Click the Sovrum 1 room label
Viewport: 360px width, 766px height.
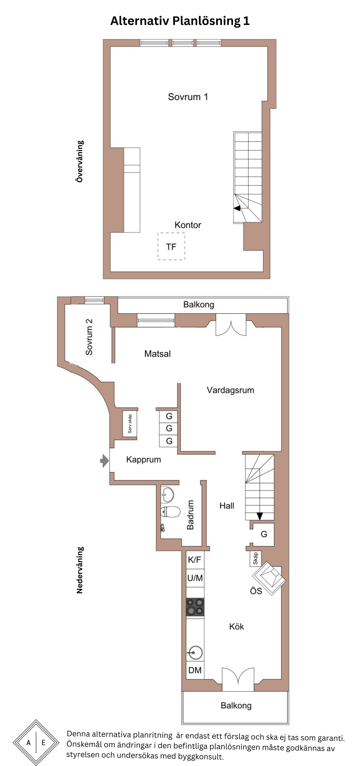pos(188,97)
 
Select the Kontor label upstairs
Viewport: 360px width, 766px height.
pos(188,225)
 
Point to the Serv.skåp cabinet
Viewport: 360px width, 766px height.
pos(130,424)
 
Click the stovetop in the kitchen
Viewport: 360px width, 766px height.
pos(195,607)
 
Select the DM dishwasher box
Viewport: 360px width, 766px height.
pos(195,670)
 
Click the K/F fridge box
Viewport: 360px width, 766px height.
pos(195,560)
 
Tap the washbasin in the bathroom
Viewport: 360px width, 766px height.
pos(167,495)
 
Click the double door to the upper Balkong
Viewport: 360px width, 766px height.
pos(231,325)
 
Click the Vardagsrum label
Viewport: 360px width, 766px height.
pos(230,390)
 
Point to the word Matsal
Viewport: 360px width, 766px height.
pos(157,354)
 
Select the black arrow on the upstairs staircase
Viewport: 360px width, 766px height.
pos(237,208)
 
